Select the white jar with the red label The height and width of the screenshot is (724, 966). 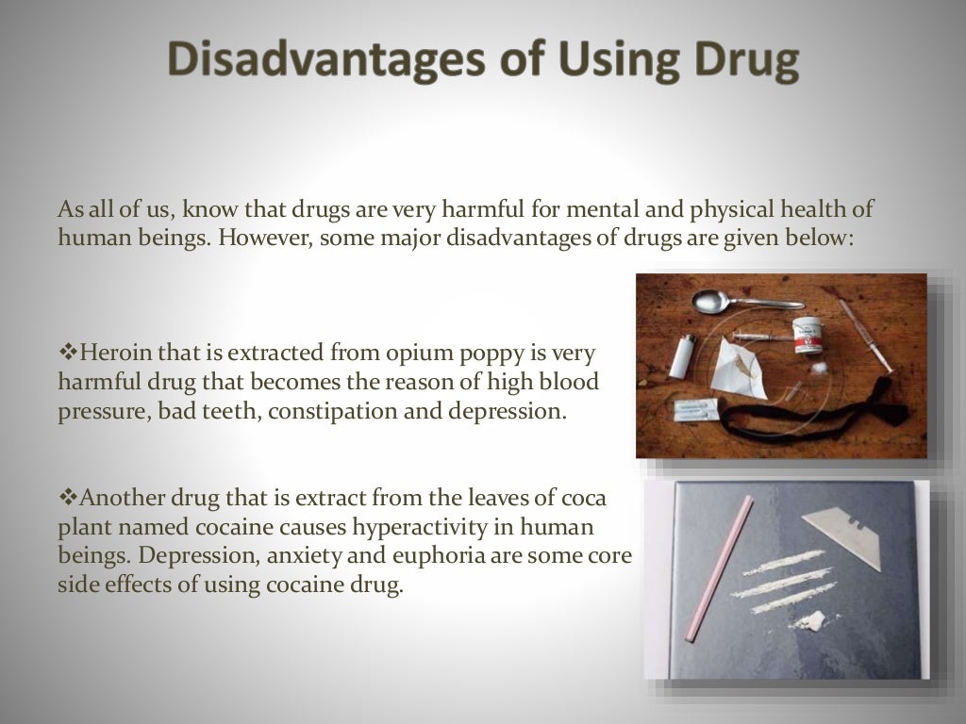(x=807, y=336)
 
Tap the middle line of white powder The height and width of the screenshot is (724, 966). (x=782, y=582)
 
